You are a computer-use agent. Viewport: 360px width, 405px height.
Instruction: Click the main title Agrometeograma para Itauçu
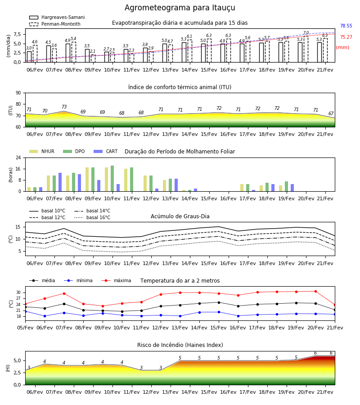[180, 8]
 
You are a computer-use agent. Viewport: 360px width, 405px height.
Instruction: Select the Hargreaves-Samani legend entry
[57, 17]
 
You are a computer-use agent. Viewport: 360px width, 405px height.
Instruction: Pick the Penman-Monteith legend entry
[55, 24]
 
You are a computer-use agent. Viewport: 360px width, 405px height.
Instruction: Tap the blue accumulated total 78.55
[346, 26]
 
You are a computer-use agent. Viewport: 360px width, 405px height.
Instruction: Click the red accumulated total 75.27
[346, 37]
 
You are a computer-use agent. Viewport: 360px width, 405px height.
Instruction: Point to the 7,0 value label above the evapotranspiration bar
[306, 33]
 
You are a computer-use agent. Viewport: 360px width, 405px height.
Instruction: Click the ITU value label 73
[64, 107]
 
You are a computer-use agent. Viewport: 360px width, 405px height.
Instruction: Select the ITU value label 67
[331, 114]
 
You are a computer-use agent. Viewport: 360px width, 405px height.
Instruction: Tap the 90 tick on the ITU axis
[18, 93]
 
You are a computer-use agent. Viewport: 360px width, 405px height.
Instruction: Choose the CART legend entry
[106, 151]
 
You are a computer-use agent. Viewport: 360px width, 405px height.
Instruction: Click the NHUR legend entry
[42, 151]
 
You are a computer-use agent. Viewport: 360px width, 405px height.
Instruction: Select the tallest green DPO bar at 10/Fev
[112, 179]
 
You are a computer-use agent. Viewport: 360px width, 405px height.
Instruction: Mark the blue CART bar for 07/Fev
[60, 182]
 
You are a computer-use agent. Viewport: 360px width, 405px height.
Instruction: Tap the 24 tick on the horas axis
[18, 157]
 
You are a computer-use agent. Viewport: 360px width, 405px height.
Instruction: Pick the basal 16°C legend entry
[92, 217]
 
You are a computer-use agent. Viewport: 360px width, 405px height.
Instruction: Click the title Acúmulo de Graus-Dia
[180, 216]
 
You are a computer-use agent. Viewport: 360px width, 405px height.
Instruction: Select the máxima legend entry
[116, 280]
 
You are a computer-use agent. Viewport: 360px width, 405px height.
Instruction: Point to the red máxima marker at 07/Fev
[64, 293]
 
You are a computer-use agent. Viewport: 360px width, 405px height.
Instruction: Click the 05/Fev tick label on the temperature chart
[25, 328]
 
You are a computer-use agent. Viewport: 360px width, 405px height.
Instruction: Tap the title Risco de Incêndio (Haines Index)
[180, 345]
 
